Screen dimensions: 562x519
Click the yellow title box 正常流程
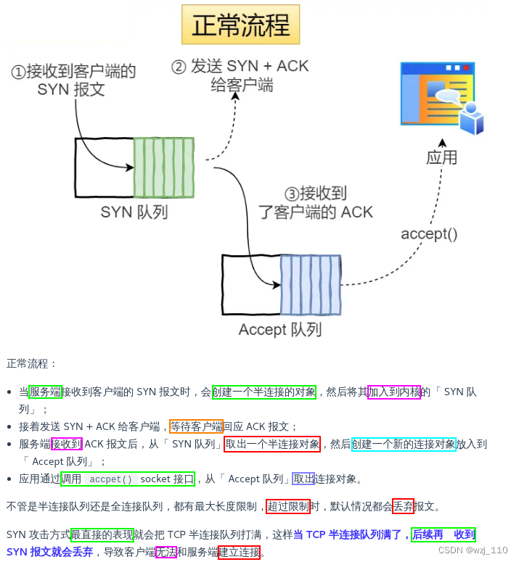240,25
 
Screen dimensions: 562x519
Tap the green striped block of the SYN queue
164,168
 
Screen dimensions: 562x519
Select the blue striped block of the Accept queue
311,285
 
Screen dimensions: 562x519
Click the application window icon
441,98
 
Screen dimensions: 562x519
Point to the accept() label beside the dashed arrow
429,234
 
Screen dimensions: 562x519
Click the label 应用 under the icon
441,157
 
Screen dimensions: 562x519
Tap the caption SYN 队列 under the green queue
134,212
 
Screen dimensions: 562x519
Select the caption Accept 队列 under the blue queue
279,330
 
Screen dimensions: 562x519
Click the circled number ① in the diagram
18,72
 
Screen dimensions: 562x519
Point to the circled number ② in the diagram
179,67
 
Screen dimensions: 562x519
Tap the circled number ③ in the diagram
291,194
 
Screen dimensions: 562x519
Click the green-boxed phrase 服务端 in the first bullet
45,392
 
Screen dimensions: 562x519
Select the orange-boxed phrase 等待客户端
196,426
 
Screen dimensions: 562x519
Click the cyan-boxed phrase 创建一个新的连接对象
404,444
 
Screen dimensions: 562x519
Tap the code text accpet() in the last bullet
111,479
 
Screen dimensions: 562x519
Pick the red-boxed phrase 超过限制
288,506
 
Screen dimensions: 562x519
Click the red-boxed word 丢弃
403,506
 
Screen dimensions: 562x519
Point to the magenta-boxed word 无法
166,552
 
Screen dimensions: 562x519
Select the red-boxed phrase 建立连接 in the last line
239,552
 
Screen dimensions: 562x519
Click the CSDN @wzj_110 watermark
473,550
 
